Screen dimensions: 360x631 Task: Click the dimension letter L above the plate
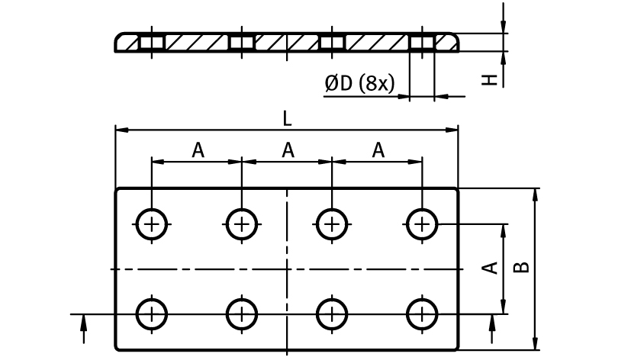pos(286,118)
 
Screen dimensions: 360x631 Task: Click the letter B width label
pos(522,266)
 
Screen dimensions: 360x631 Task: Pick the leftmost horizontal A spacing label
pos(198,150)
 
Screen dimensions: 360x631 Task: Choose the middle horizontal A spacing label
pos(288,150)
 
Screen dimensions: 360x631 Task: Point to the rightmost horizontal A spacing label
pos(378,150)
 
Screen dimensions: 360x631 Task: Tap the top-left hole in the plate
pos(152,223)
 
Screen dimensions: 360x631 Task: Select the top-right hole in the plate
pos(421,223)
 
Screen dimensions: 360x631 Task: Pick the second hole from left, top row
pos(242,223)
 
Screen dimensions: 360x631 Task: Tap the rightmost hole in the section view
pos(421,43)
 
